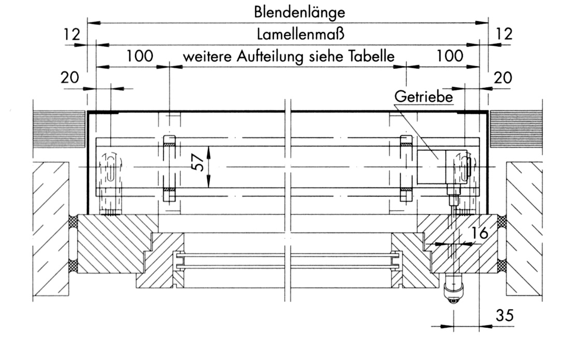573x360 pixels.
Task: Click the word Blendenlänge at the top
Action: (x=299, y=12)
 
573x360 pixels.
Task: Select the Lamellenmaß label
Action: (x=300, y=34)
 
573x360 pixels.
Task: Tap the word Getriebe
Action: (x=423, y=96)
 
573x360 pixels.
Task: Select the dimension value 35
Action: (x=505, y=315)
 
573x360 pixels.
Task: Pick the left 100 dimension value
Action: (x=140, y=56)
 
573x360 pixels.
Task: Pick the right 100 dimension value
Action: (x=450, y=56)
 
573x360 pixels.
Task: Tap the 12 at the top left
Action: (x=71, y=34)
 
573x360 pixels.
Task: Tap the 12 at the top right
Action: (x=504, y=34)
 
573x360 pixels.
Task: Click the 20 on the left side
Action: (x=70, y=78)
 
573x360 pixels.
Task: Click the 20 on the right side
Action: (x=503, y=78)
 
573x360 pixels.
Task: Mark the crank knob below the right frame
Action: (x=453, y=289)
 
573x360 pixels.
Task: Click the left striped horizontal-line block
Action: (x=59, y=129)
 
